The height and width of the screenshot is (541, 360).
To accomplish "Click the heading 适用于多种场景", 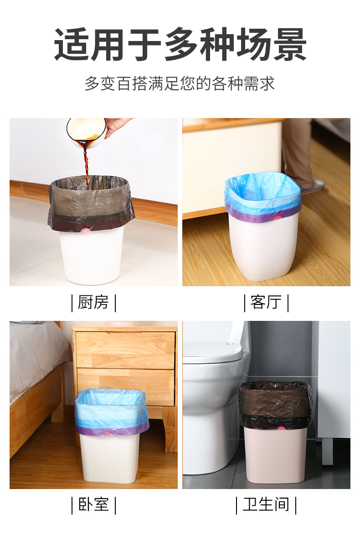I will point(180,45).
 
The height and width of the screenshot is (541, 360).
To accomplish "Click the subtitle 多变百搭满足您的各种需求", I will point(180,83).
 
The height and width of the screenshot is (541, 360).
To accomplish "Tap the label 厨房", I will point(93,303).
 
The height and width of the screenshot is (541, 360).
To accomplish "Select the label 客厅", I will point(266,303).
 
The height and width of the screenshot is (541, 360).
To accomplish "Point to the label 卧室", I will point(93,505).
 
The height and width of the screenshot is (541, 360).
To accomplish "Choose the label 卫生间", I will point(266,505).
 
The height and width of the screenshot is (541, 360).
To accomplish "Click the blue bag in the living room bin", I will point(263,191).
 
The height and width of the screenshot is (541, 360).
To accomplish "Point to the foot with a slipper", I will point(313,186).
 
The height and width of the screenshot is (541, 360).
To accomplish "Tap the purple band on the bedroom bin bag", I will point(112,429).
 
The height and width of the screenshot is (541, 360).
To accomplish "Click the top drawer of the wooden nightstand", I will point(125,350).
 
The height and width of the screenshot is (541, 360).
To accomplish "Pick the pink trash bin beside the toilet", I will point(275,454).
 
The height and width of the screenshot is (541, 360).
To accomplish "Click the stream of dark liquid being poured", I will point(86,164).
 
